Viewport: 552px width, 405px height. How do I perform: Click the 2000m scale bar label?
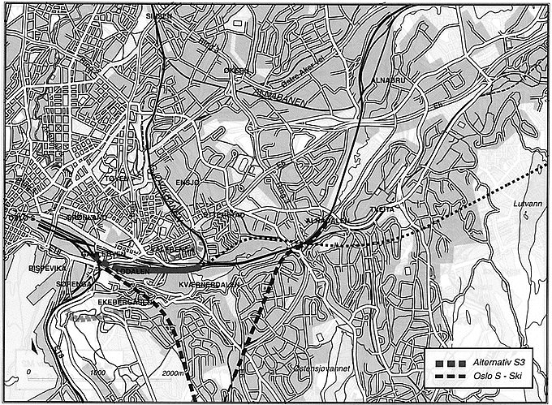pyautogui.click(x=174, y=373)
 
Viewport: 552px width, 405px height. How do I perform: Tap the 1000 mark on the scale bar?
pyautogui.click(x=98, y=373)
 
